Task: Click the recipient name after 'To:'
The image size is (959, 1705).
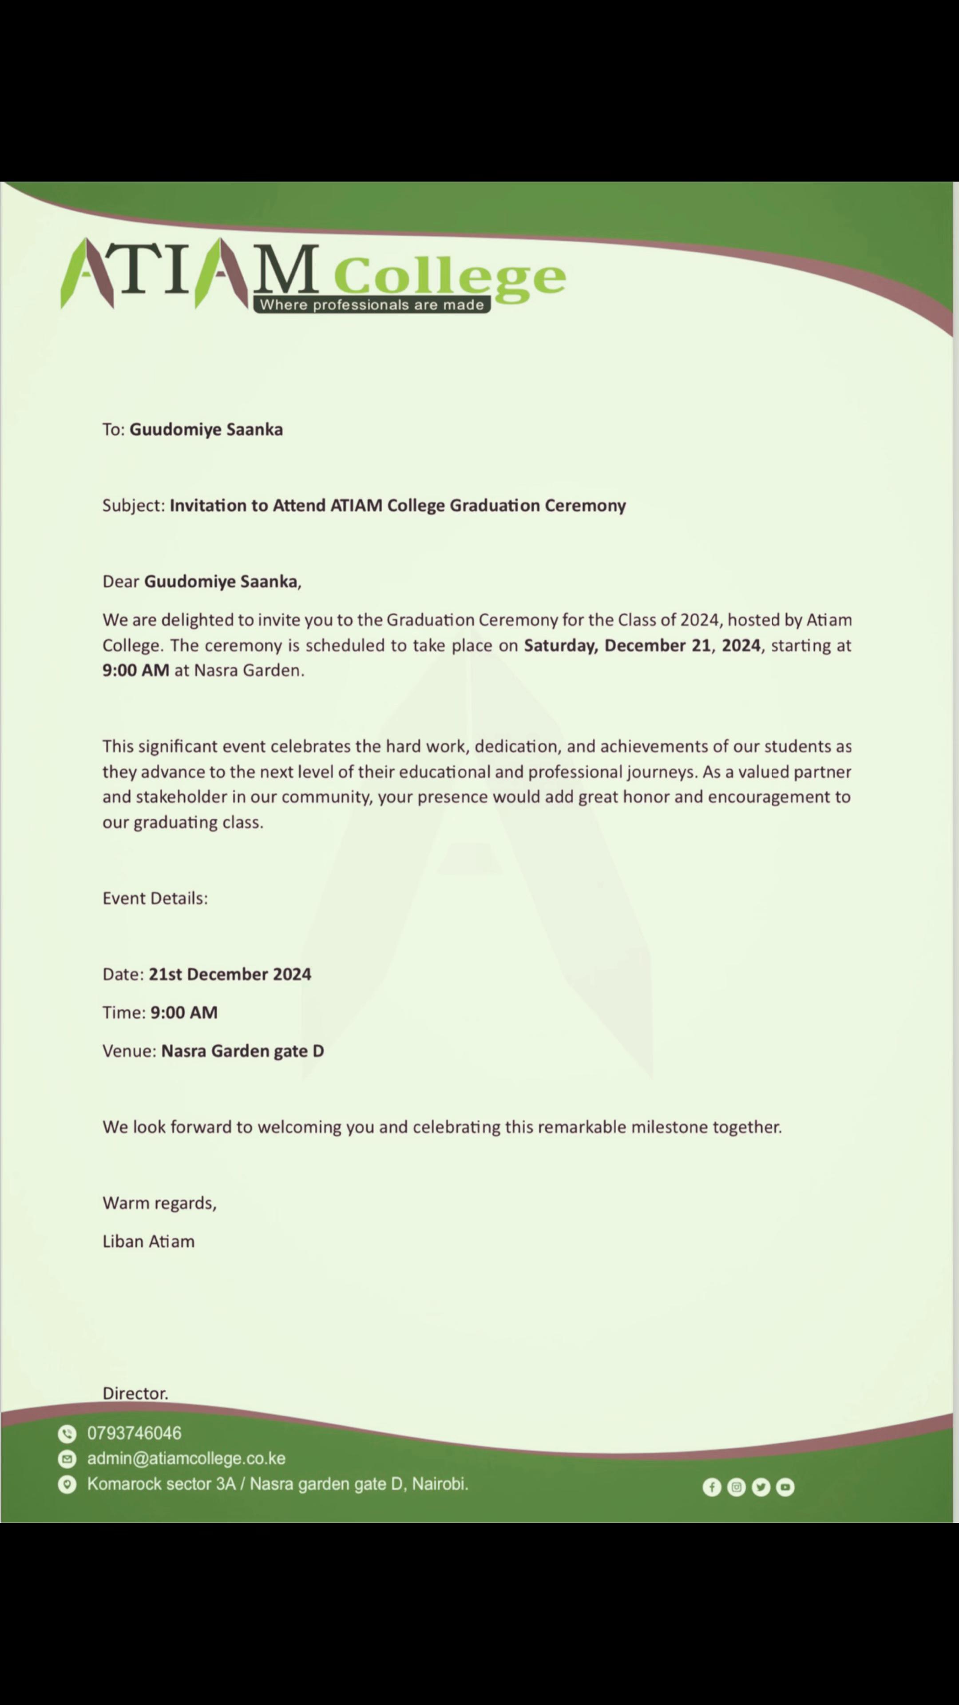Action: pos(206,429)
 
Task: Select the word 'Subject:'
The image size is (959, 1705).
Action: pos(134,506)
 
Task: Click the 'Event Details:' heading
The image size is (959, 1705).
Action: pos(155,898)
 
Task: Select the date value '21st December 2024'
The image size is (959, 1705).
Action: pos(230,974)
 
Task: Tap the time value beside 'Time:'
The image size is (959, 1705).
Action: pos(184,1013)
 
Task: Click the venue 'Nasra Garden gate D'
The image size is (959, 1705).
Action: pos(242,1051)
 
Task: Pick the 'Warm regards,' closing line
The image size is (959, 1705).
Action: pos(159,1203)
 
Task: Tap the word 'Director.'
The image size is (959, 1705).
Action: pos(135,1393)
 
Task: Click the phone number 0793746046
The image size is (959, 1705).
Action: pos(135,1434)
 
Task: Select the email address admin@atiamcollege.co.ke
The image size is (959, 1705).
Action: pos(186,1459)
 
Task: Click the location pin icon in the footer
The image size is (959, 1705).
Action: pos(67,1485)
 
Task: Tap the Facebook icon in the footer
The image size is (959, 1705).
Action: pos(711,1487)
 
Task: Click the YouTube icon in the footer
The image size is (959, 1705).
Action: pos(785,1487)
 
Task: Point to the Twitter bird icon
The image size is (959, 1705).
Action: pos(761,1487)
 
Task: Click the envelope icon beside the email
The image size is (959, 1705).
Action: pos(67,1459)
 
